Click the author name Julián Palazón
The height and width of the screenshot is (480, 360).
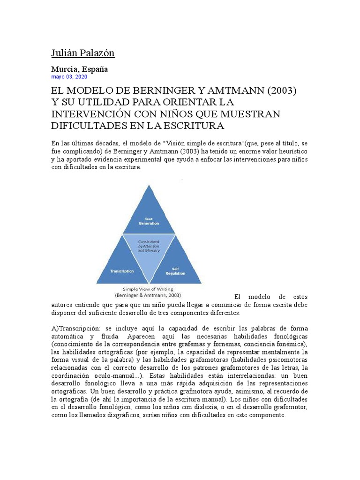[82, 53]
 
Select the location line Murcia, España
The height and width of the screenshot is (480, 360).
[79, 69]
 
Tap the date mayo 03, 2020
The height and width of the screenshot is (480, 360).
[69, 77]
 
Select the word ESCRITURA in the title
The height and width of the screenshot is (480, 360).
[194, 126]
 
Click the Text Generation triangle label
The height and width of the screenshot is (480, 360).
[149, 221]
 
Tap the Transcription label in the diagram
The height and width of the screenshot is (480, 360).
[122, 271]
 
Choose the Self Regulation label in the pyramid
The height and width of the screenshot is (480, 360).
[175, 271]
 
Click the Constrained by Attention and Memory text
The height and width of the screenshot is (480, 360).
[149, 246]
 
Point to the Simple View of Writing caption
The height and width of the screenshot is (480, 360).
[148, 289]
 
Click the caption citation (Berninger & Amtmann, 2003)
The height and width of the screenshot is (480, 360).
[148, 296]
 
